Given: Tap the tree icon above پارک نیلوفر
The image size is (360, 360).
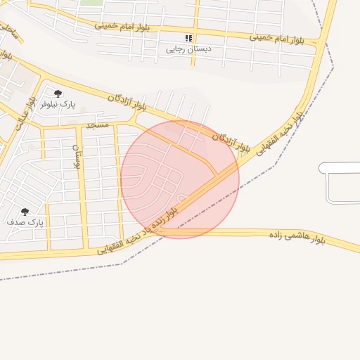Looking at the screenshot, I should click(58, 93).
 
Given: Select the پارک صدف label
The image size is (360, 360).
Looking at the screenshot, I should click(26, 222).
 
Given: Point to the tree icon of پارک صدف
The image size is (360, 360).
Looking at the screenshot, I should click(25, 212).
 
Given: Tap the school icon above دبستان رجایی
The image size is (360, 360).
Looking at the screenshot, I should click(188, 38).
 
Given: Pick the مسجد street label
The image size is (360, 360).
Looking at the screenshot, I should click(97, 125).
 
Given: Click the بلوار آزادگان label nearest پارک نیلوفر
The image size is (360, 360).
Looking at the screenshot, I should click(127, 101).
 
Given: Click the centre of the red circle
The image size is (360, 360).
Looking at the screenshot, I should click(180, 179).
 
